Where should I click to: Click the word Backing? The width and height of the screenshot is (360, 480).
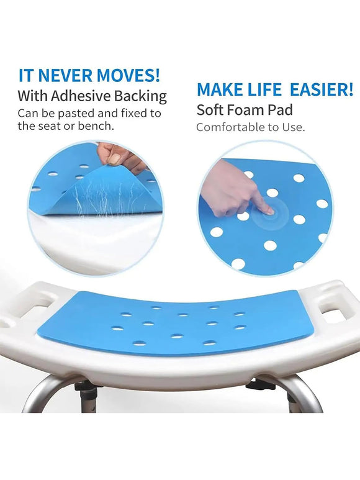[x=140, y=97]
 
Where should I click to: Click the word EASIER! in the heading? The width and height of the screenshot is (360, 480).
[x=321, y=89]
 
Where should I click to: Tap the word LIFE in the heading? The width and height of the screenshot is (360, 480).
[x=264, y=89]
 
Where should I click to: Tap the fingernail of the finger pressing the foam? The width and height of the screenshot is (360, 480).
[x=269, y=211]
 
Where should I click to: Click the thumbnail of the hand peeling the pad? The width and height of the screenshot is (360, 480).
[x=115, y=158]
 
